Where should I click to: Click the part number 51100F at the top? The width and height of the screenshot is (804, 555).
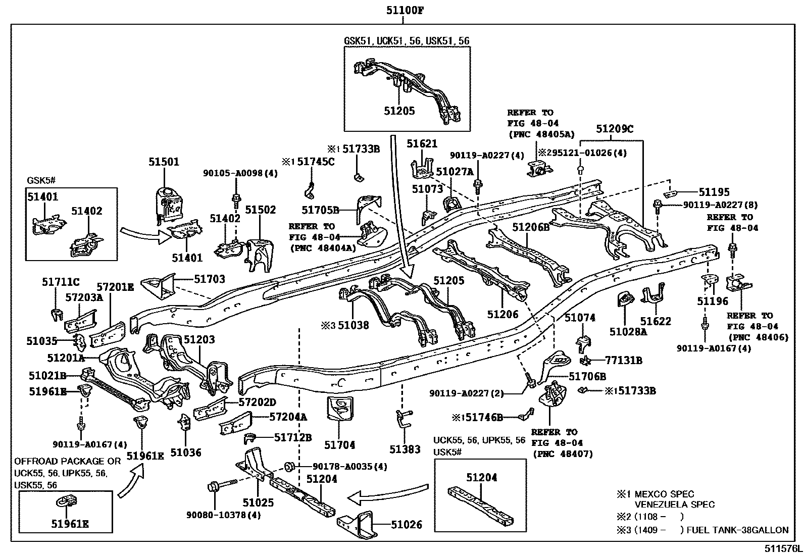click(x=405, y=10)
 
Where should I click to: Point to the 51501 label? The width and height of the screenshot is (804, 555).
click(x=164, y=162)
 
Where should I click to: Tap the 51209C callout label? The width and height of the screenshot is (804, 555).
click(x=615, y=128)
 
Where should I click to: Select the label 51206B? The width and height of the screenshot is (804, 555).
click(x=531, y=227)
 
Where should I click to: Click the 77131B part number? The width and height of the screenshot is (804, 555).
click(x=624, y=360)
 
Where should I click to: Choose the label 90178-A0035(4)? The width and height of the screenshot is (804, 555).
click(x=349, y=466)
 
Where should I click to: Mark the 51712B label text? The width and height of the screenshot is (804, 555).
click(x=293, y=437)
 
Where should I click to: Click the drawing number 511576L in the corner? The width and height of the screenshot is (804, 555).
click(x=783, y=548)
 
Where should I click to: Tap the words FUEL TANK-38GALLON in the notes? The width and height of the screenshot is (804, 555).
click(x=737, y=530)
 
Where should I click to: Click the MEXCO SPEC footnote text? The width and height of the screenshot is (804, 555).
click(x=664, y=494)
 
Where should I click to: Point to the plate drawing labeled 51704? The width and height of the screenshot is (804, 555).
click(x=339, y=408)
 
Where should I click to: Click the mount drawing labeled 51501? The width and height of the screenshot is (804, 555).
click(x=169, y=204)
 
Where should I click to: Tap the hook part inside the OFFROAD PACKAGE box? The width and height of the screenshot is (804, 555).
click(x=66, y=501)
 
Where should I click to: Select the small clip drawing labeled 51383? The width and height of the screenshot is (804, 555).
click(x=404, y=419)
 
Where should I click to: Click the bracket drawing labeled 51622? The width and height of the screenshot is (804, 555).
click(x=652, y=292)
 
